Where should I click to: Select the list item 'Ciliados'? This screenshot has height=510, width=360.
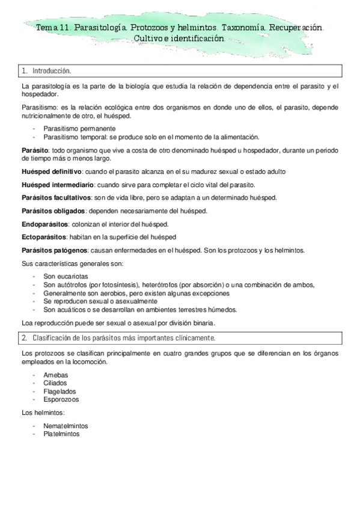tap(55, 382)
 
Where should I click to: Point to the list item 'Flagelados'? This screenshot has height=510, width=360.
tap(58, 390)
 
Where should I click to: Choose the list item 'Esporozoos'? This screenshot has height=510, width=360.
tap(61, 398)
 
